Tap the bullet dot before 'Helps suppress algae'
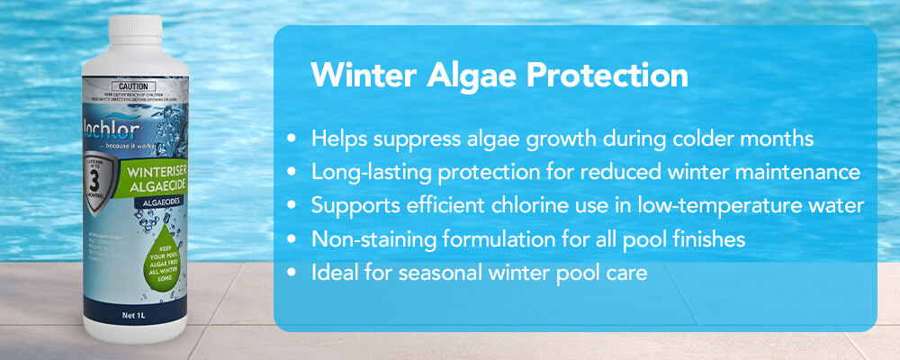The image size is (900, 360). click(291, 139)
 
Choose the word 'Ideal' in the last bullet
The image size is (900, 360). click(334, 272)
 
